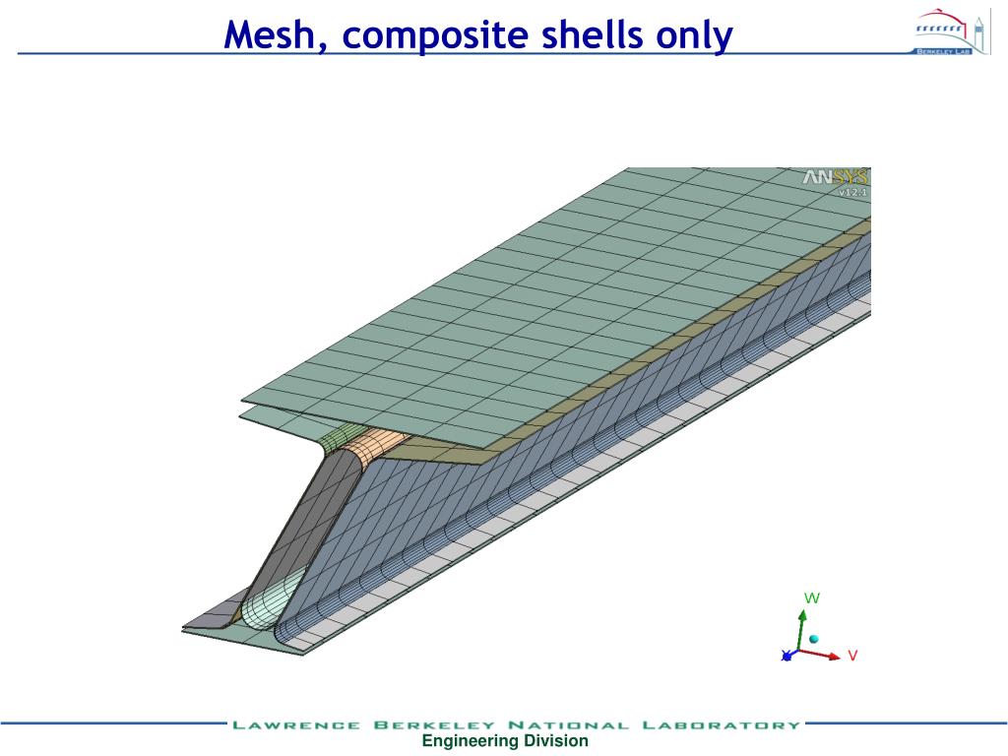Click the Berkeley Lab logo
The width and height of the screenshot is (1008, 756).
pos(943,31)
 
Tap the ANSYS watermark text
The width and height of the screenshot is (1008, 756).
pos(835,177)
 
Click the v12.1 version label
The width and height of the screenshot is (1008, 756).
pos(851,193)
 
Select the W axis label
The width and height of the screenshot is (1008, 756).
pos(812,598)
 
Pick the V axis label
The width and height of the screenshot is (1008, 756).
pos(852,655)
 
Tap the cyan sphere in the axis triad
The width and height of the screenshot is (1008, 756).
pos(814,639)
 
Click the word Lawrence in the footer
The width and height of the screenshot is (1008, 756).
pos(295,725)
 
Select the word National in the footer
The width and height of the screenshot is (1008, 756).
pos(568,725)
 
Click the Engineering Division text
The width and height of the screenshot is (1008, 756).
pos(505,741)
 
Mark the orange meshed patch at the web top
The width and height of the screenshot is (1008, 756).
pos(380,447)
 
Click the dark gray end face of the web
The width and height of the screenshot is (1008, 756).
pos(285,532)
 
